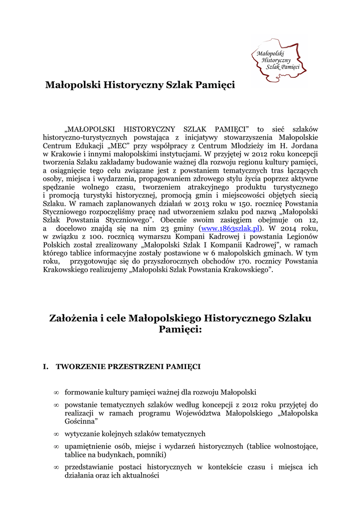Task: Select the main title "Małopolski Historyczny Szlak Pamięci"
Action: [x=140, y=85]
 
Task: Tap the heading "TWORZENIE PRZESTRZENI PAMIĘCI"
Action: [x=128, y=367]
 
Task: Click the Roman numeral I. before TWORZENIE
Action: [x=46, y=367]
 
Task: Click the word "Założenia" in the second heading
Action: [x=70, y=318]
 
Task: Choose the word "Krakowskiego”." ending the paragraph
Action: [x=249, y=269]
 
